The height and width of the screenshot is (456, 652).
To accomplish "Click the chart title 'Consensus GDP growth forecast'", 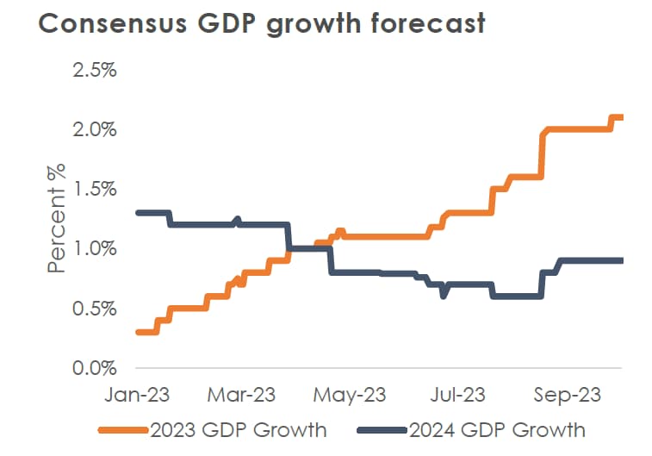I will (x=262, y=24).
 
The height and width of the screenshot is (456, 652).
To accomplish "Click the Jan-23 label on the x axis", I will (x=138, y=396).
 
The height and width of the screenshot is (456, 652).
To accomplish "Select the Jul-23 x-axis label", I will (x=457, y=396).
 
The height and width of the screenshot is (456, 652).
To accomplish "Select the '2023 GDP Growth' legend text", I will (x=238, y=429).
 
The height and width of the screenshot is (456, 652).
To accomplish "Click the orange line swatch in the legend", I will (x=122, y=429).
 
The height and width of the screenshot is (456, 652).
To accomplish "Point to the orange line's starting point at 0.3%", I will (x=140, y=332).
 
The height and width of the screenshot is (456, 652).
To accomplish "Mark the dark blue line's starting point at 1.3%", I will (x=140, y=213).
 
